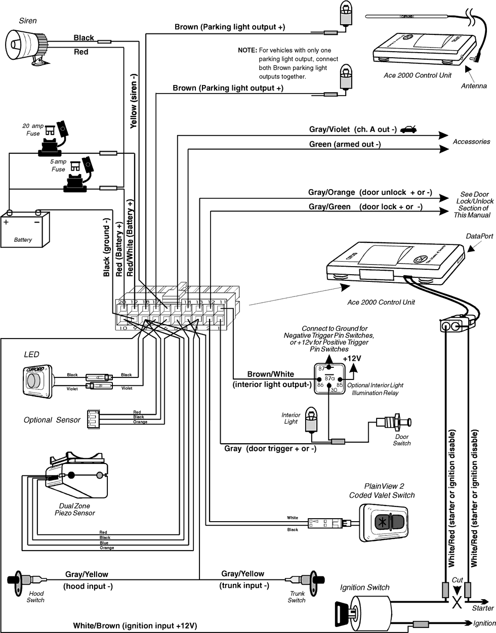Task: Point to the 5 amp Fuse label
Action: pos(59,165)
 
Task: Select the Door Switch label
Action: pos(402,440)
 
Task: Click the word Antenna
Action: pos(474,86)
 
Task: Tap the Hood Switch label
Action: pos(35,597)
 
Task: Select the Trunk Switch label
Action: pos(297,597)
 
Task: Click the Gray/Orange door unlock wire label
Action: pos(370,193)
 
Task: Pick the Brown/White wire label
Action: pos(270,374)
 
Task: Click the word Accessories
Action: pos(471,142)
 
